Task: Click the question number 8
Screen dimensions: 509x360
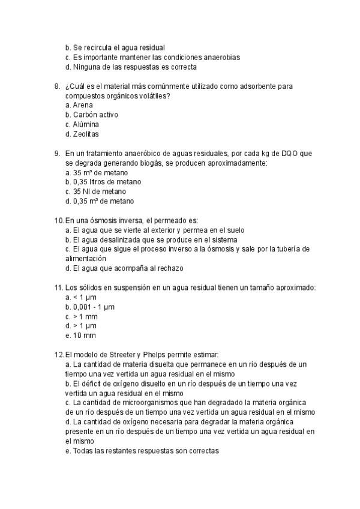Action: click(x=57, y=86)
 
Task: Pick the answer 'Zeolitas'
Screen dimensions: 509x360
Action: click(x=86, y=134)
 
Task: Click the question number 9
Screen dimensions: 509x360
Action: click(x=57, y=153)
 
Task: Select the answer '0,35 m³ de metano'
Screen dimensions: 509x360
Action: click(x=103, y=201)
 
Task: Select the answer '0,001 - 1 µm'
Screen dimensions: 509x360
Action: click(x=93, y=307)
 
